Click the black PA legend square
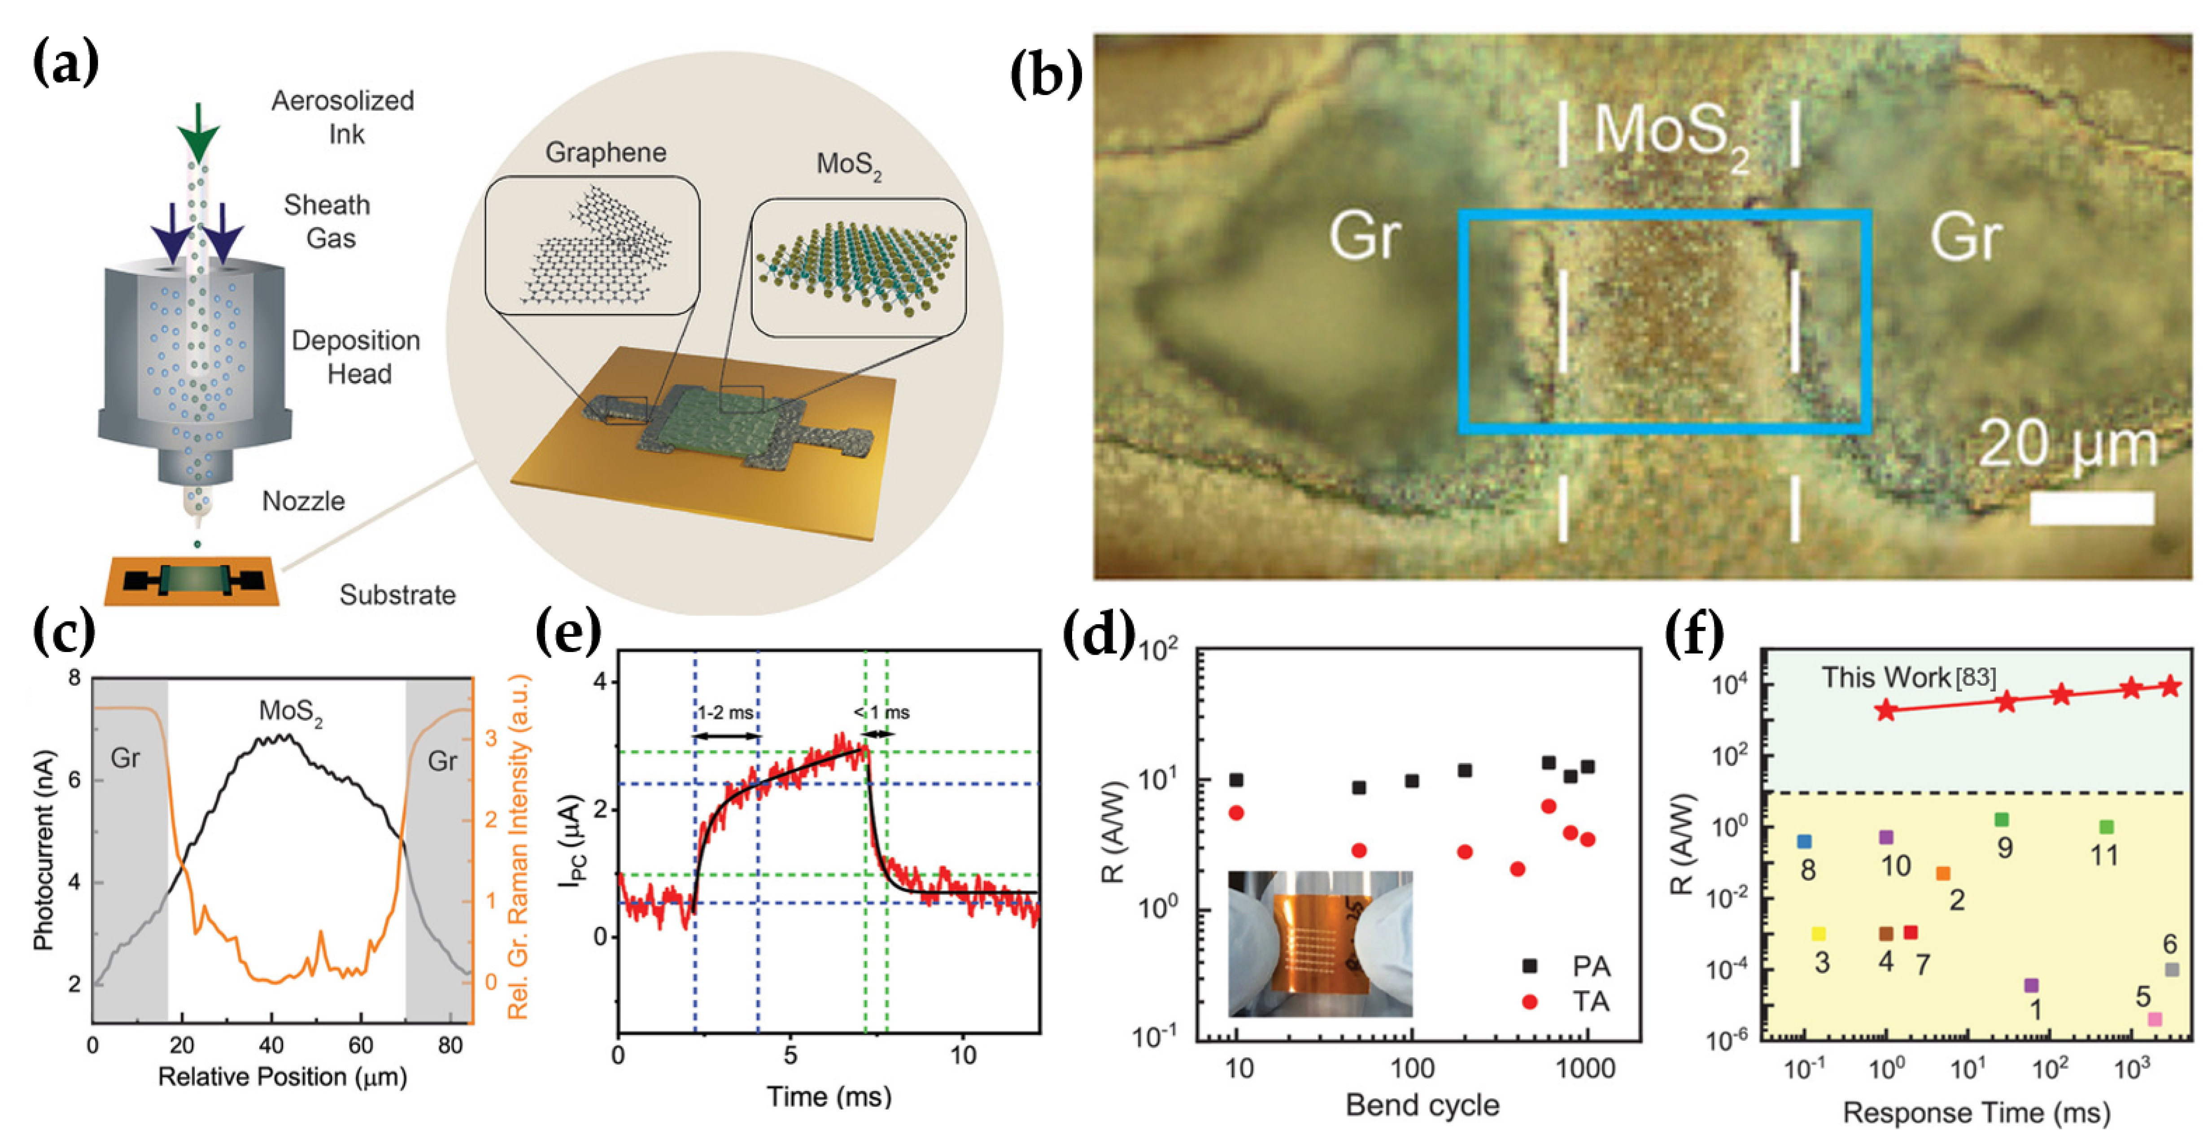(x=1529, y=966)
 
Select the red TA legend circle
(x=1529, y=1001)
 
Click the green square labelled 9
(x=2002, y=820)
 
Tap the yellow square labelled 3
(x=1818, y=933)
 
